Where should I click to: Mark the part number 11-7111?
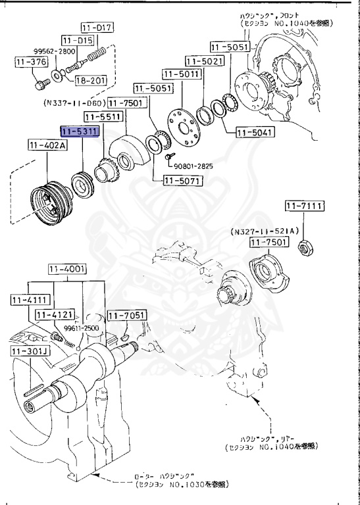pos(305,206)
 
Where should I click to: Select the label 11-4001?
pos(67,269)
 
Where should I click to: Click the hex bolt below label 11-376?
pos(39,84)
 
